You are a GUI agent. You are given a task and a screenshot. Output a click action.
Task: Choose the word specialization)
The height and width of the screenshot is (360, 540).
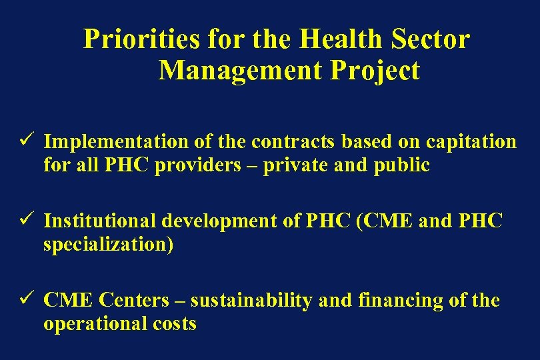(x=108, y=245)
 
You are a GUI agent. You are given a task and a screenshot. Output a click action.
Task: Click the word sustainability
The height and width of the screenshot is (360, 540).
(x=251, y=301)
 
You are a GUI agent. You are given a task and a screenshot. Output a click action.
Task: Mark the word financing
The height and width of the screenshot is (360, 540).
(x=390, y=301)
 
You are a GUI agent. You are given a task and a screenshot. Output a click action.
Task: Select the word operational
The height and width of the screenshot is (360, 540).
(x=96, y=324)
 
